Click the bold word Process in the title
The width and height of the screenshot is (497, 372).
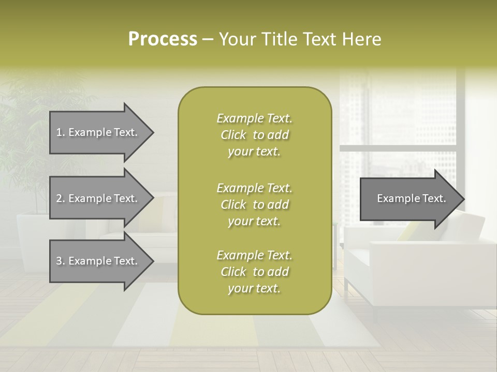click(163, 39)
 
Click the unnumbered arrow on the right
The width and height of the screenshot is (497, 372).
click(409, 199)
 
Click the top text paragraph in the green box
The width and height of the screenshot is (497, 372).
click(254, 135)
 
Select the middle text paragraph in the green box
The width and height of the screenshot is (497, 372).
click(254, 205)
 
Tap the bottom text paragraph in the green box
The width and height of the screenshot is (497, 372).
click(254, 272)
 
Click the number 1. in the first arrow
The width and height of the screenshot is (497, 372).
click(60, 132)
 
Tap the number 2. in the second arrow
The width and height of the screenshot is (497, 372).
click(60, 198)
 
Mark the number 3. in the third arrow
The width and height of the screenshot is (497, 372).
click(60, 261)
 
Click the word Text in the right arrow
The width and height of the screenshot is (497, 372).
click(434, 198)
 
